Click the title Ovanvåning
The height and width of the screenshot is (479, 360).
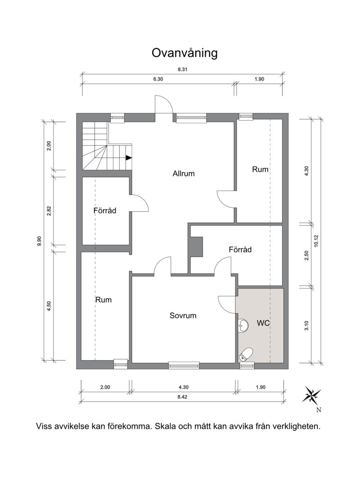[x=184, y=53]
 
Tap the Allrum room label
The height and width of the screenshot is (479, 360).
[x=184, y=173]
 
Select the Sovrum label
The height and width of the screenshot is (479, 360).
[x=183, y=316]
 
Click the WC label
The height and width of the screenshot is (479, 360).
[x=263, y=323]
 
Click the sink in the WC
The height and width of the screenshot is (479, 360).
[x=243, y=325]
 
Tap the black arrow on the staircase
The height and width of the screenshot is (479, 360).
[x=129, y=158]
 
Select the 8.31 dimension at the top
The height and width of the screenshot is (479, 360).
[x=183, y=69]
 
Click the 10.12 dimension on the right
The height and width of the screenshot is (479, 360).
[x=316, y=240]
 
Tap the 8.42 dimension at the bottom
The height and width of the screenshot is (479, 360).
[x=182, y=397]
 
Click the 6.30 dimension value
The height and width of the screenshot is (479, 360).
[x=158, y=79]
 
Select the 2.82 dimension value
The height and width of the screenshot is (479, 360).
[x=49, y=211]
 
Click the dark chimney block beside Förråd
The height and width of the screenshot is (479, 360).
[x=197, y=247]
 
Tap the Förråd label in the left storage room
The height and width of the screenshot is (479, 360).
[x=105, y=211]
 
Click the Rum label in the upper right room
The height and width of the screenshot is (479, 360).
[x=260, y=169]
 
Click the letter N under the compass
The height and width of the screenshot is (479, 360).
[x=319, y=410]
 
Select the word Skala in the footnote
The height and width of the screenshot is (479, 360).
[x=166, y=426]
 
